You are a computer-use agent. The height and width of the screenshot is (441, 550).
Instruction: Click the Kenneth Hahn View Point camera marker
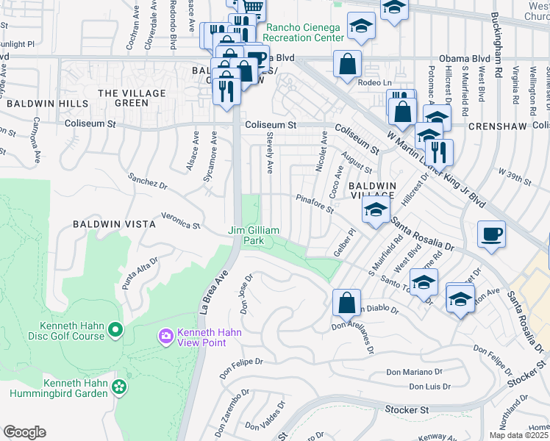[x=166, y=337]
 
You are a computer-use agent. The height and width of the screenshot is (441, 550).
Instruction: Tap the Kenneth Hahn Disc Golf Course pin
[x=115, y=331]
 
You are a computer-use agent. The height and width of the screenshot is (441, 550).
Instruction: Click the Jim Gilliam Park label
[x=254, y=235]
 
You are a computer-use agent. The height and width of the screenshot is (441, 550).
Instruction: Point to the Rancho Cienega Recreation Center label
[x=303, y=32]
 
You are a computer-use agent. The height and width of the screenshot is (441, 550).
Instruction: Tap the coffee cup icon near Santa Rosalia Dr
[x=491, y=235]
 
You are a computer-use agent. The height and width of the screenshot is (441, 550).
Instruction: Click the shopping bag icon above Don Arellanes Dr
[x=346, y=301]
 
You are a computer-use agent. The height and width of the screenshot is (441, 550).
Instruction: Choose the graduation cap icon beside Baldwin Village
[x=375, y=209]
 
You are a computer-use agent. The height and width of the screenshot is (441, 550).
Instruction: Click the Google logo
[x=24, y=431]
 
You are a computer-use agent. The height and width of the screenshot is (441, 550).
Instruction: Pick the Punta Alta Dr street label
[x=140, y=273]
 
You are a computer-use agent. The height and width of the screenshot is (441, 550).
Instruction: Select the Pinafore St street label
[x=315, y=204]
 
